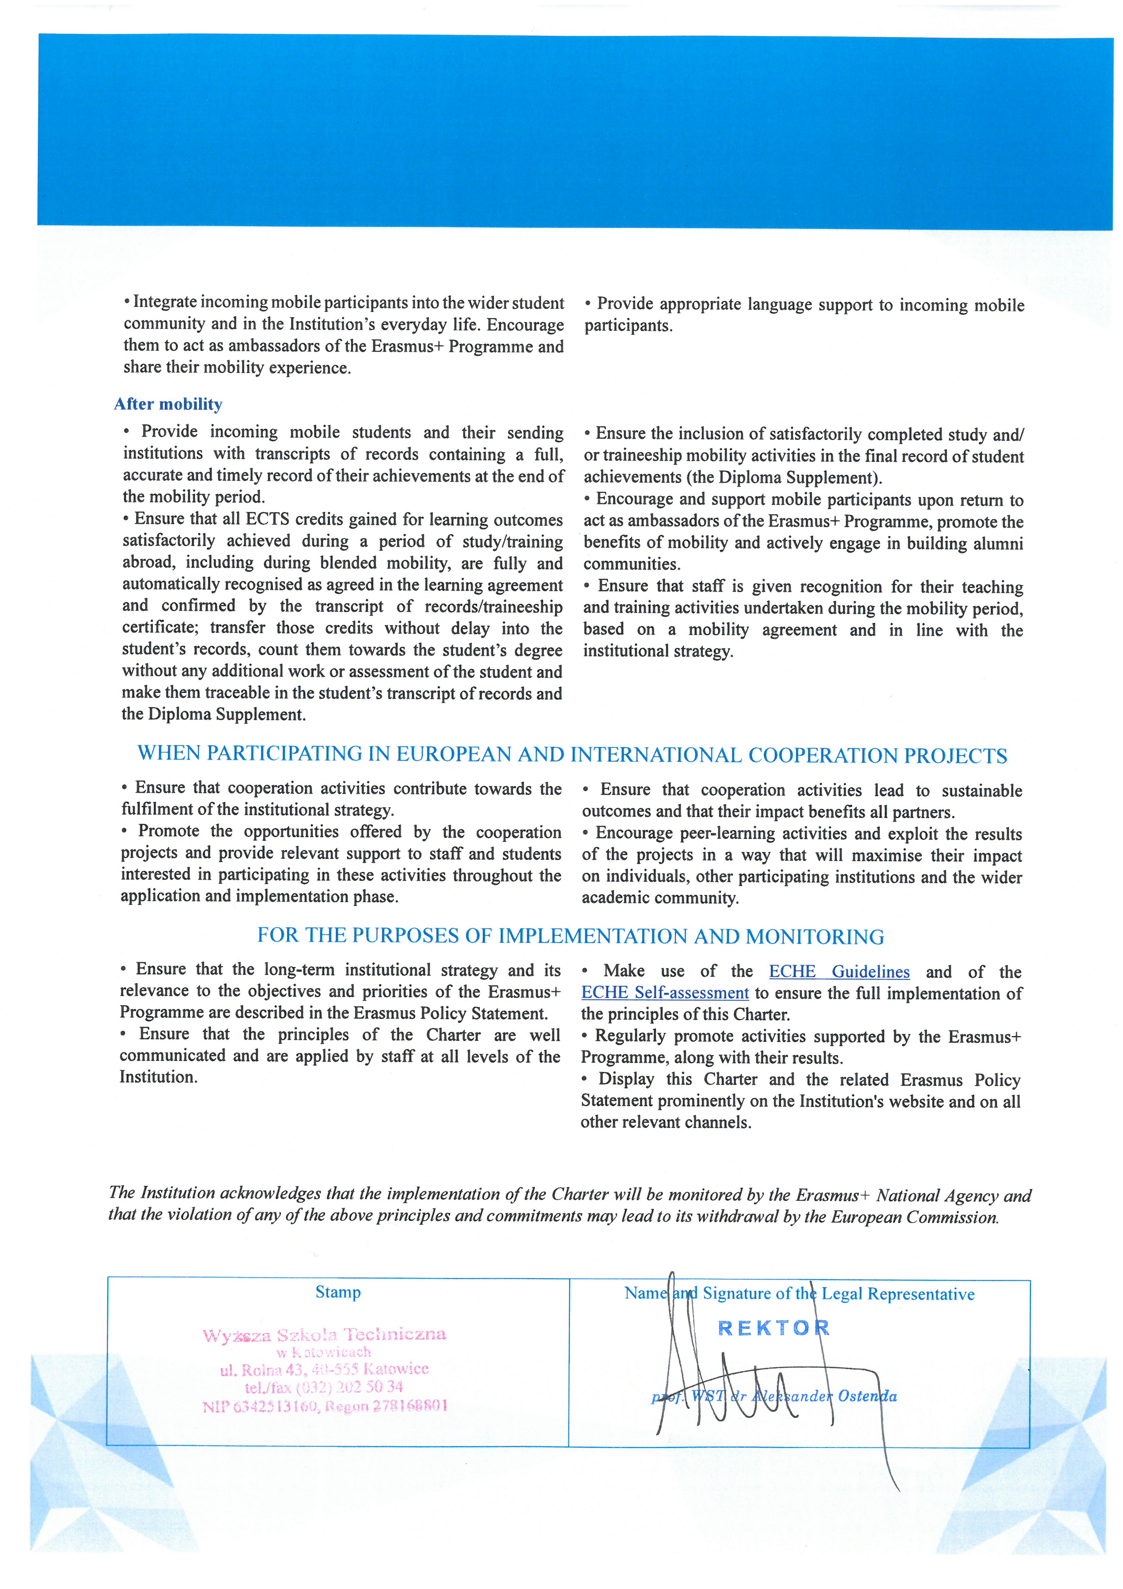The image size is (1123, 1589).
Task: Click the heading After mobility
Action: (168, 404)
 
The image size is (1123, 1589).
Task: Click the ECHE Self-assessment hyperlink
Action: (665, 993)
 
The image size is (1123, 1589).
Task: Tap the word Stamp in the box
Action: (338, 1292)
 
